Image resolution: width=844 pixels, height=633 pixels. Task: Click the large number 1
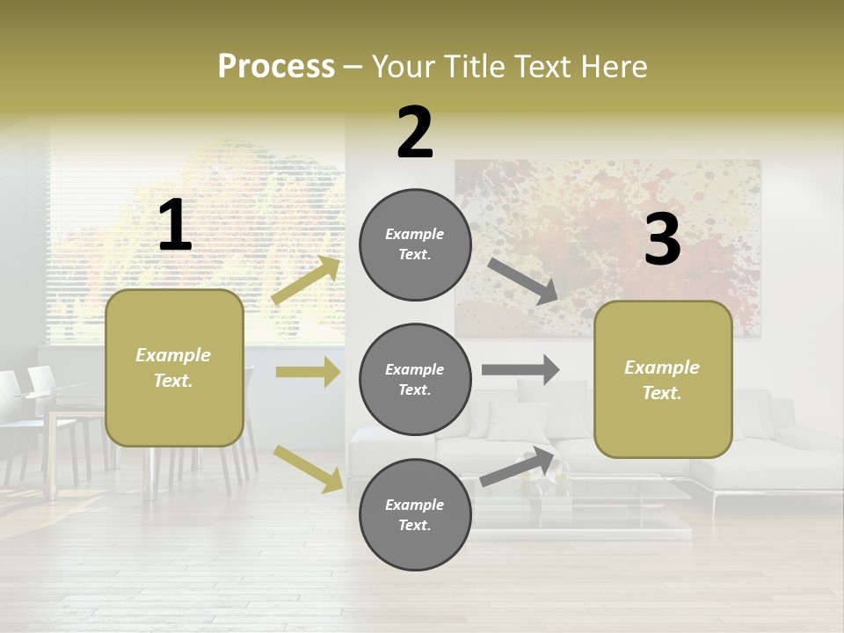(x=175, y=226)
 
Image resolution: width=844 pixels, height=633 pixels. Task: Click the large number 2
(x=415, y=134)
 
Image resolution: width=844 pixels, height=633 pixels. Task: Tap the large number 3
(x=662, y=240)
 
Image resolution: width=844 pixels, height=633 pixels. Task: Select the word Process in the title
(x=276, y=66)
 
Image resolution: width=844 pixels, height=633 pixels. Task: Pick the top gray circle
(x=415, y=244)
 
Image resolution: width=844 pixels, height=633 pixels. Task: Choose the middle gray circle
(x=415, y=379)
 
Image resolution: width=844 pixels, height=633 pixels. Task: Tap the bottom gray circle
(x=415, y=514)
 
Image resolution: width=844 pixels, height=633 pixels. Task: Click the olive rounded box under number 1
(x=174, y=367)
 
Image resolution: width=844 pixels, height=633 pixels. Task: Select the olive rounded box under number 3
(x=663, y=379)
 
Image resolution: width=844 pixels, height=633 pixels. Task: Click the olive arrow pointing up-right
(x=306, y=280)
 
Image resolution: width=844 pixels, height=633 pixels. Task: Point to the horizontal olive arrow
(x=308, y=372)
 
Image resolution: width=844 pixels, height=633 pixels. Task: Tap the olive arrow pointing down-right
(x=308, y=468)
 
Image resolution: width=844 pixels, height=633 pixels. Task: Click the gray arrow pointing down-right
(x=522, y=280)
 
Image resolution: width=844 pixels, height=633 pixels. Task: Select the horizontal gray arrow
(x=520, y=369)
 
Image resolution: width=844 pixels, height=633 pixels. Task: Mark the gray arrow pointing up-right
(x=517, y=468)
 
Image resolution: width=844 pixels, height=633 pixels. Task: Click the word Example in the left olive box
(x=173, y=355)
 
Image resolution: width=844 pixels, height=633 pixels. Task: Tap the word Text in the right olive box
(x=661, y=393)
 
